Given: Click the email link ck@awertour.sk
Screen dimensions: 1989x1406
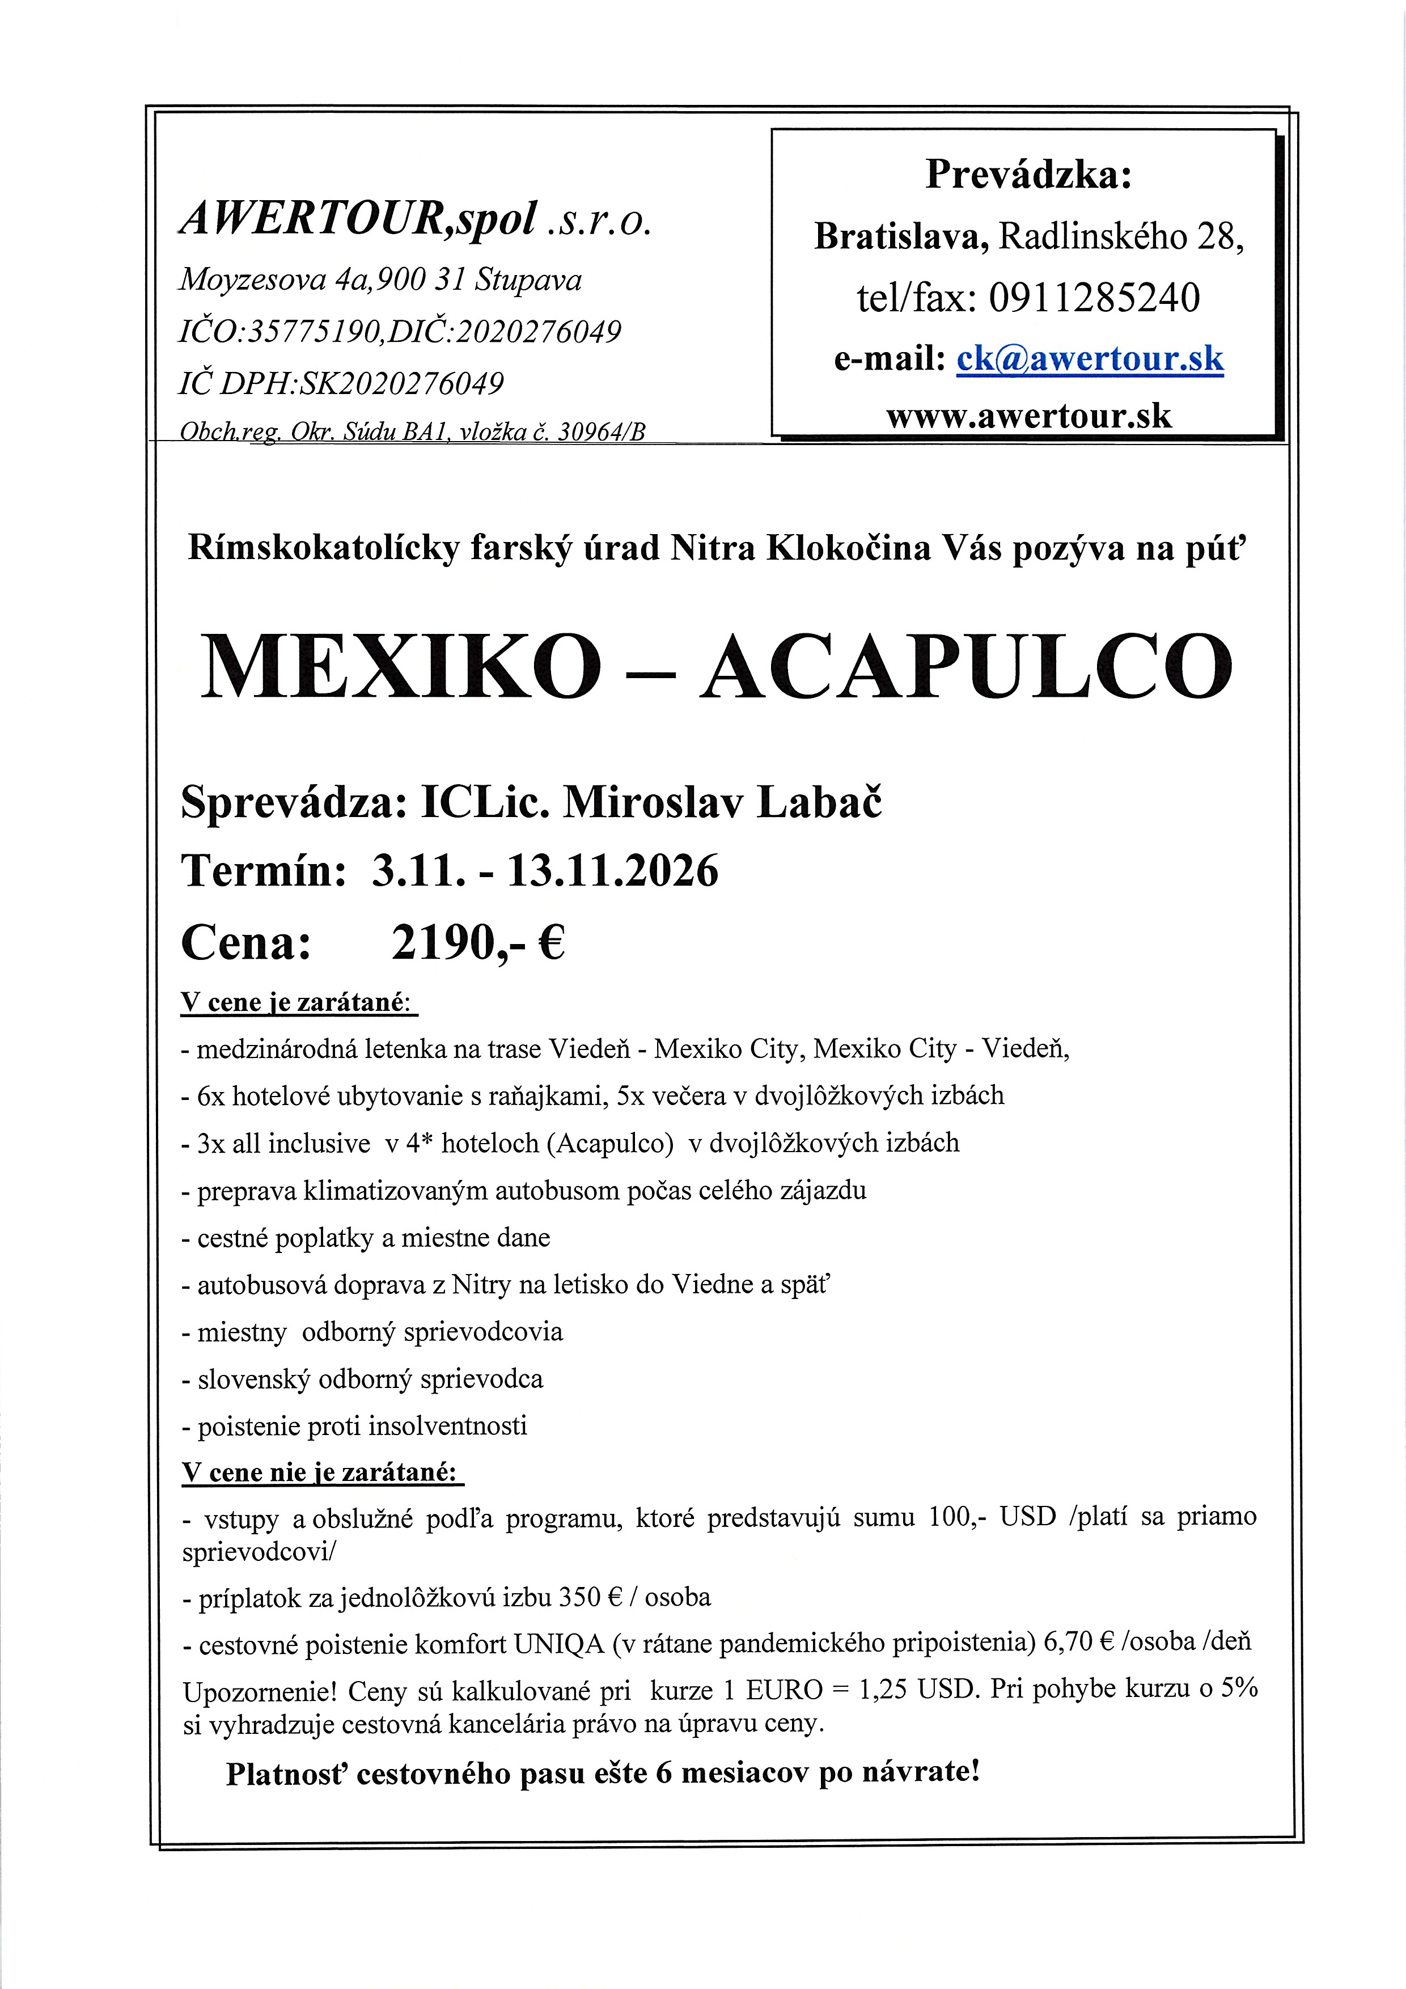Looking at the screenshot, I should pyautogui.click(x=1090, y=359).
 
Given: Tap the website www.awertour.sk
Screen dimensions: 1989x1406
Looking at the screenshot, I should pyautogui.click(x=1028, y=417).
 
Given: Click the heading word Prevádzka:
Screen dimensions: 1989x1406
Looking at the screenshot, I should pyautogui.click(x=1028, y=174).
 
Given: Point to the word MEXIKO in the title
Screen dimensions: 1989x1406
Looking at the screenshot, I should pyautogui.click(x=401, y=666).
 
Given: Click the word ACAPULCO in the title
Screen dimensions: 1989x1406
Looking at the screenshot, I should pyautogui.click(x=966, y=666).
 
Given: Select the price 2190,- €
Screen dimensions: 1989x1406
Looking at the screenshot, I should pyautogui.click(x=478, y=942).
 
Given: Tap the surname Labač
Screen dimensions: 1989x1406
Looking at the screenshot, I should pyautogui.click(x=820, y=803).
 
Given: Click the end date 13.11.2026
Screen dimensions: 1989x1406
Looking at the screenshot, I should pyautogui.click(x=612, y=871).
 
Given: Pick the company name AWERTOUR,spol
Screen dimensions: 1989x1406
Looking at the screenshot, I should pyautogui.click(x=358, y=219).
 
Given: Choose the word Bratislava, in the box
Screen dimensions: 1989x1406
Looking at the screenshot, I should pyautogui.click(x=901, y=236).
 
